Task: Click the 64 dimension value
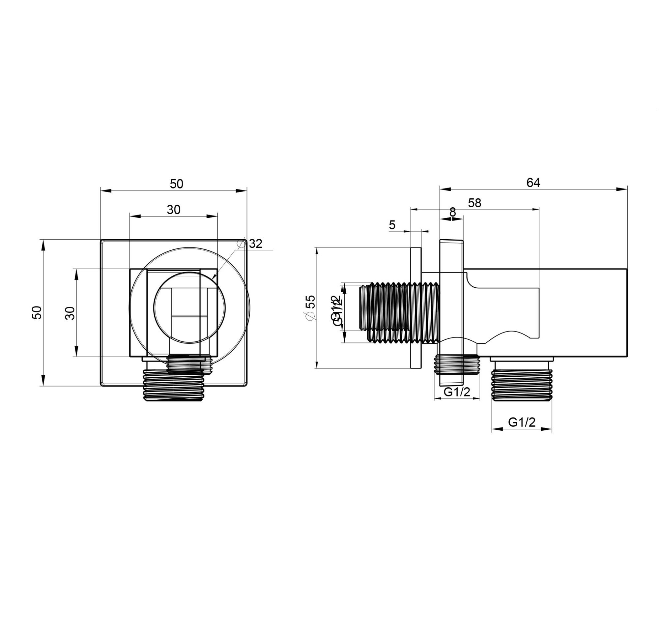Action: coord(533,183)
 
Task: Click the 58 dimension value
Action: coord(474,203)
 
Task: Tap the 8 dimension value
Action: coord(452,212)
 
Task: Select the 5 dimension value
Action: coord(392,225)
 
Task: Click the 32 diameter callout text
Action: coord(256,244)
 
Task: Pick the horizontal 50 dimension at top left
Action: coord(176,184)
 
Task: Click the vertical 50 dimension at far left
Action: coord(37,312)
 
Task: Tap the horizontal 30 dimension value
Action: coord(174,210)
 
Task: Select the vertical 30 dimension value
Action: coord(70,313)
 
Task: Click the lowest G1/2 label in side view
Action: coord(522,422)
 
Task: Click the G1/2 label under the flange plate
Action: coord(457,392)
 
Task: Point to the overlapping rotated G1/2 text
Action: coord(337,310)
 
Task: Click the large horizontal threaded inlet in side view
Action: coord(400,313)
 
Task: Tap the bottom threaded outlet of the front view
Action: coord(174,386)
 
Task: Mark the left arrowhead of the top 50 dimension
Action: coord(106,191)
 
